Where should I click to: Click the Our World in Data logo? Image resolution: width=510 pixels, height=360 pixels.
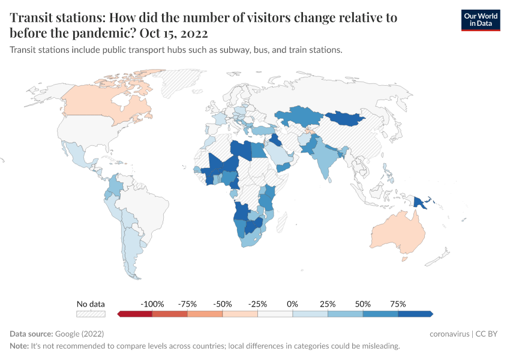click(x=480, y=20)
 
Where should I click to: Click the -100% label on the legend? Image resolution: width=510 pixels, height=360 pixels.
click(x=152, y=304)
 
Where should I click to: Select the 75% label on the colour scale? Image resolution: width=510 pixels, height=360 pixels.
click(x=398, y=304)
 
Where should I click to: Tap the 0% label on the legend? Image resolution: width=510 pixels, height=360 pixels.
click(x=293, y=304)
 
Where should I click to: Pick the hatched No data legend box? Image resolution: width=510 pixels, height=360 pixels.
click(x=91, y=314)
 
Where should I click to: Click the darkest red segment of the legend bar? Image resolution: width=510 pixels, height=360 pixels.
click(x=136, y=314)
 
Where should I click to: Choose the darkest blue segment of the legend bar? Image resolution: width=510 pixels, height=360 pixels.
click(x=415, y=314)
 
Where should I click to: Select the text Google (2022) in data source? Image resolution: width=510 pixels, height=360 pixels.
click(x=80, y=334)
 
